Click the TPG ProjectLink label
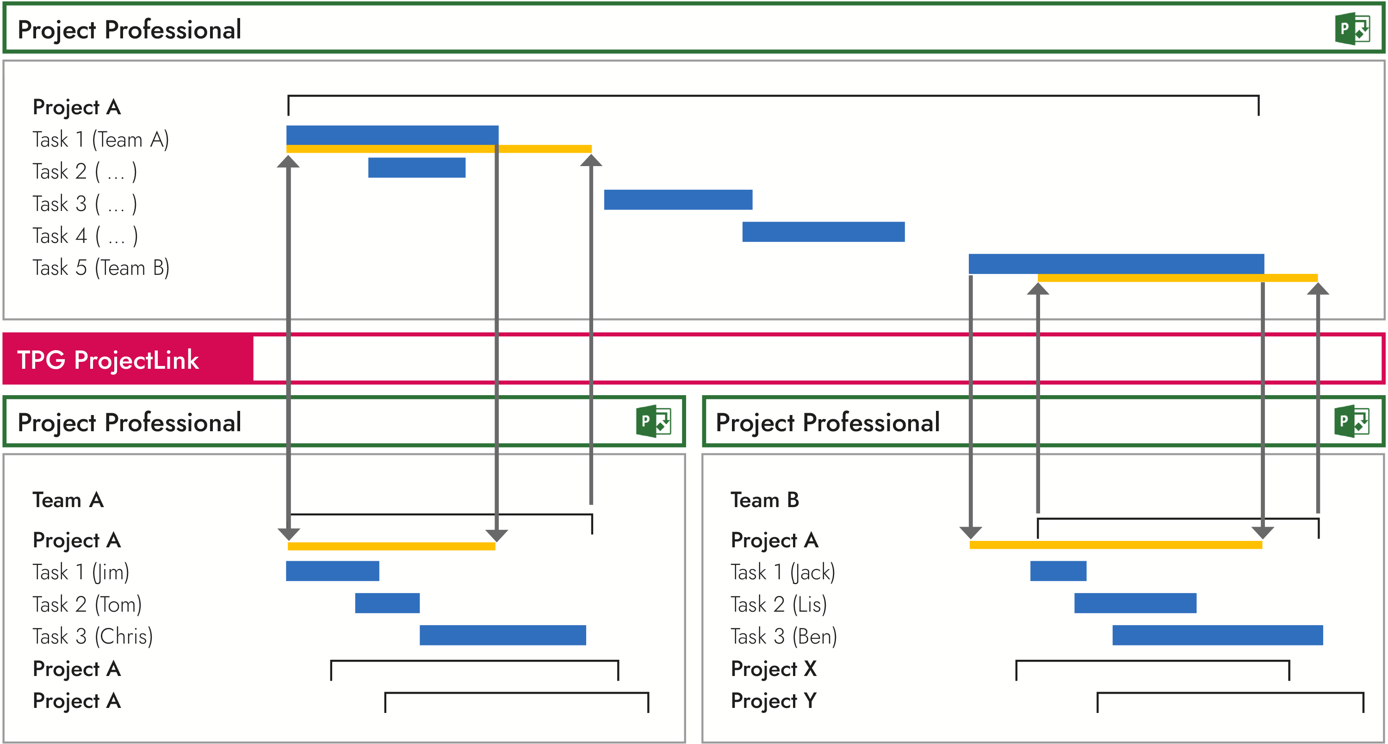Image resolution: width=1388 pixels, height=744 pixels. point(108,360)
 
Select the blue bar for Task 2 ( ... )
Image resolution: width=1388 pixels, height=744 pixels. point(416,167)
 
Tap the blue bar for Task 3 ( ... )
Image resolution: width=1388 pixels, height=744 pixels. point(678,199)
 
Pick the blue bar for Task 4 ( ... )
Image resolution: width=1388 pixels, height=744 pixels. point(824,232)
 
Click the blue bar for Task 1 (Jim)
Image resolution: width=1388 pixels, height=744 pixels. point(333,571)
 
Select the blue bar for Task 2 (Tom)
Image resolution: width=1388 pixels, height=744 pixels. point(387,603)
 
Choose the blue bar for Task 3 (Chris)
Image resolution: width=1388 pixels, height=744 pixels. point(503,635)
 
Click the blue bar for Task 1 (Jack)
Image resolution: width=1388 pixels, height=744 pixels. point(1058,571)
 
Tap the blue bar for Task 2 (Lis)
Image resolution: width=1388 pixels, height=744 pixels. point(1135,603)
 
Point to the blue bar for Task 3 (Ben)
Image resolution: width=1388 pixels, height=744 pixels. point(1217,635)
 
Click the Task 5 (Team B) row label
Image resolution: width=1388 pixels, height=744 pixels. point(101,268)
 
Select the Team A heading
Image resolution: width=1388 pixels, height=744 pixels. point(68,500)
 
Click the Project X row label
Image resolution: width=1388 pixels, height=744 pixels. point(773,669)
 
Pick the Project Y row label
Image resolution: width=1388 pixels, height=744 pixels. point(773,701)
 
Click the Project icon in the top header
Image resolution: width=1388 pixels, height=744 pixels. point(1352,29)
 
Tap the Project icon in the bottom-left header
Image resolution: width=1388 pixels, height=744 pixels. point(653,422)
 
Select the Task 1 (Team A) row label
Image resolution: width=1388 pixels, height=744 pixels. point(101,140)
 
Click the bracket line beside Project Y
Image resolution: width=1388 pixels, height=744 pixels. point(1230,694)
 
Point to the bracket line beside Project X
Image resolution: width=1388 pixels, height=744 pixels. point(1152,661)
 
